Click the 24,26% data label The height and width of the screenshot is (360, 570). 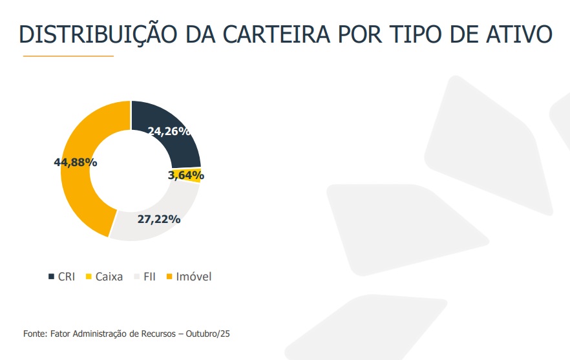point(169,131)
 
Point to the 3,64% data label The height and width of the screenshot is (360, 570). point(185,175)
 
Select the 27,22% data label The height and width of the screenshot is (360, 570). point(158,218)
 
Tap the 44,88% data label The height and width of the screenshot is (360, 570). point(75,162)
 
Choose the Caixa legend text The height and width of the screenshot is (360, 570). point(109,277)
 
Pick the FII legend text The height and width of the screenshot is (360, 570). point(149,277)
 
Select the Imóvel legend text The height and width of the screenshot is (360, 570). point(193,277)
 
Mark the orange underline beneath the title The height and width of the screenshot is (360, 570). point(68,56)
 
